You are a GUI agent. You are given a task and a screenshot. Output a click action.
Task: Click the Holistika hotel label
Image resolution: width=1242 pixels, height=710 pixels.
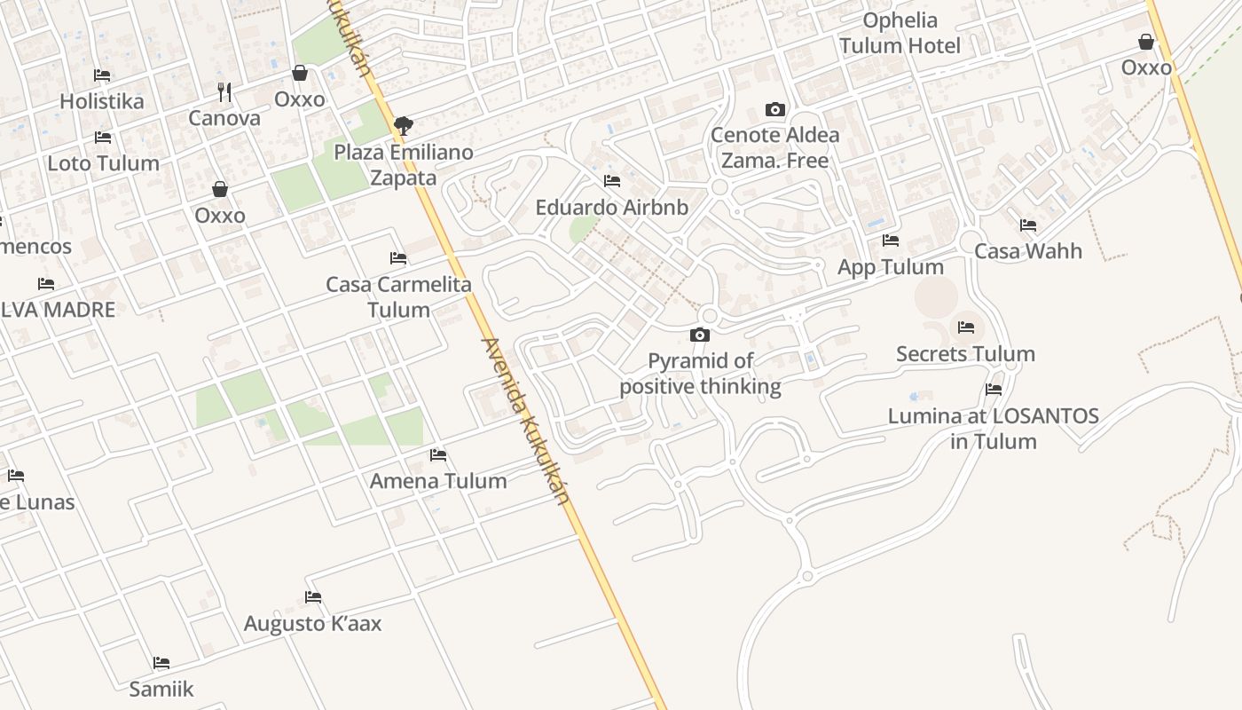[101, 101]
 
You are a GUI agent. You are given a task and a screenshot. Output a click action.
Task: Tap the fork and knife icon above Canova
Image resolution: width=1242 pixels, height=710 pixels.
[224, 91]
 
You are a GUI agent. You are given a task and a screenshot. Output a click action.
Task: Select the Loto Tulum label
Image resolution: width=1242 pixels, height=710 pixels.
[103, 163]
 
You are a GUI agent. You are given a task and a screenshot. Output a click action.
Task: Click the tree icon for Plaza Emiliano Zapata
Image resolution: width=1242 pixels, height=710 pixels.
[404, 125]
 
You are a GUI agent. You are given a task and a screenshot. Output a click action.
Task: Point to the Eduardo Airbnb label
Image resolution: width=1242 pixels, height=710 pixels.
[611, 208]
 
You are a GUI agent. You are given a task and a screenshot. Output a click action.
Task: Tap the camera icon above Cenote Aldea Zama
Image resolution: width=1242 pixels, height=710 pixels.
[775, 110]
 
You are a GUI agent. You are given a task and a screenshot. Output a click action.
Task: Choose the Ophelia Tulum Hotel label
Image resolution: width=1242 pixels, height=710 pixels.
[900, 33]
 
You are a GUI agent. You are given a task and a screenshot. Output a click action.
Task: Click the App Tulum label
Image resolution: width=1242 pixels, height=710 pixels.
[890, 267]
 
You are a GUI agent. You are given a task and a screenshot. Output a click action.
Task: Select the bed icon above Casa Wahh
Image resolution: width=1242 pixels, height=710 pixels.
[1028, 225]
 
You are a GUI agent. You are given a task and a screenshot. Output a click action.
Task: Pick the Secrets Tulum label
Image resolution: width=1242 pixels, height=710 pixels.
[965, 354]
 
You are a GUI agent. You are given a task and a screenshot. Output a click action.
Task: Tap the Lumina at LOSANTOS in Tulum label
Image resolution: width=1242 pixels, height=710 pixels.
[993, 428]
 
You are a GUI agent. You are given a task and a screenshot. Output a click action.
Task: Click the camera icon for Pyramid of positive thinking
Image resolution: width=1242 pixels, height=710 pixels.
[700, 335]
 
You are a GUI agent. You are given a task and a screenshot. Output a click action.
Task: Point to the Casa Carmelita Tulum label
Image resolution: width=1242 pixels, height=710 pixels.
[398, 297]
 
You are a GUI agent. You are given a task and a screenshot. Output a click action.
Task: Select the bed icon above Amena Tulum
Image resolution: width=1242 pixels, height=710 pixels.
[438, 455]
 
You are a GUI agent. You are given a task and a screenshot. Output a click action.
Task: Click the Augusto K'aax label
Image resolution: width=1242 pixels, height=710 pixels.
[312, 624]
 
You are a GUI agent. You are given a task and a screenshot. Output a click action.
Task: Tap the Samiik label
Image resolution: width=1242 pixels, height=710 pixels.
[161, 689]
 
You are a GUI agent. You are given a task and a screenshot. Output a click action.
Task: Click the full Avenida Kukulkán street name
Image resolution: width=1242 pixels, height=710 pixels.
[525, 421]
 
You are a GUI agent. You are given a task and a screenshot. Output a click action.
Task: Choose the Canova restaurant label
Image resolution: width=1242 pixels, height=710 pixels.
[224, 118]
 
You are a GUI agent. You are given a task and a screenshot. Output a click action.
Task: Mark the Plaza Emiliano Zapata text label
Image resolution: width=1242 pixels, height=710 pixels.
[404, 165]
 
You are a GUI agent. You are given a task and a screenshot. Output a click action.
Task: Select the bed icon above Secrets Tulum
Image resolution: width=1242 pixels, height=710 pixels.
[966, 327]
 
